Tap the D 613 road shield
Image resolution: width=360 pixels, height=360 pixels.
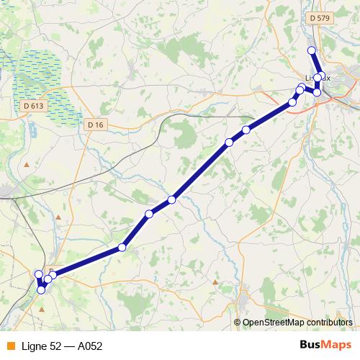click(x=33, y=105)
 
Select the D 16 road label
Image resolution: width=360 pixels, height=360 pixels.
click(x=95, y=125)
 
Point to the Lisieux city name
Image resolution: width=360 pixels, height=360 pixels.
click(x=317, y=76)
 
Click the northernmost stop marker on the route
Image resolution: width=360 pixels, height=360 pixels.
click(x=312, y=50)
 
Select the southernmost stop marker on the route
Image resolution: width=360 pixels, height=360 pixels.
click(x=42, y=289)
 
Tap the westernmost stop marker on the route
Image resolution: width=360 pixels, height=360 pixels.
click(x=39, y=274)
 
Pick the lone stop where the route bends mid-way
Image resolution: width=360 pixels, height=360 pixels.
click(x=122, y=247)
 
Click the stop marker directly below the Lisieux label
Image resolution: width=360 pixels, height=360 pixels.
click(x=317, y=92)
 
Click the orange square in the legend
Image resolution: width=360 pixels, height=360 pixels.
click(x=11, y=346)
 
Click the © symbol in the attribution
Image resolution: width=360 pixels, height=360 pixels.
click(x=238, y=323)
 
